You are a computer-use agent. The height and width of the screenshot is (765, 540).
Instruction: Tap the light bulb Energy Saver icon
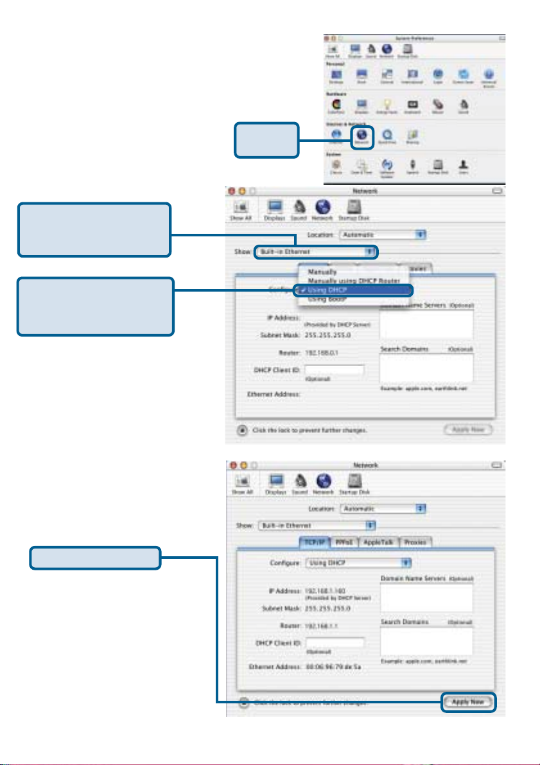point(388,103)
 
